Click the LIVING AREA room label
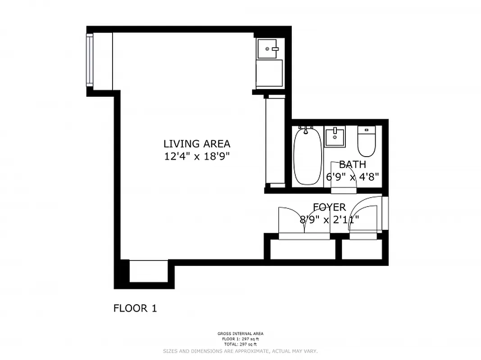[x=196, y=144]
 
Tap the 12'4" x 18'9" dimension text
[x=196, y=156]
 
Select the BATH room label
[x=352, y=165]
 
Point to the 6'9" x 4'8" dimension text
[x=352, y=177]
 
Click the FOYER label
[x=329, y=207]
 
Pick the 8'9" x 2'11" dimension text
[x=329, y=220]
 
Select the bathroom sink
[x=335, y=137]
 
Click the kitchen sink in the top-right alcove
[x=269, y=48]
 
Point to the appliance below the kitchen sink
[x=269, y=73]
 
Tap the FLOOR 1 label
[x=135, y=308]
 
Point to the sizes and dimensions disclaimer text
[x=240, y=351]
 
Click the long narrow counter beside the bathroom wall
[x=275, y=140]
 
